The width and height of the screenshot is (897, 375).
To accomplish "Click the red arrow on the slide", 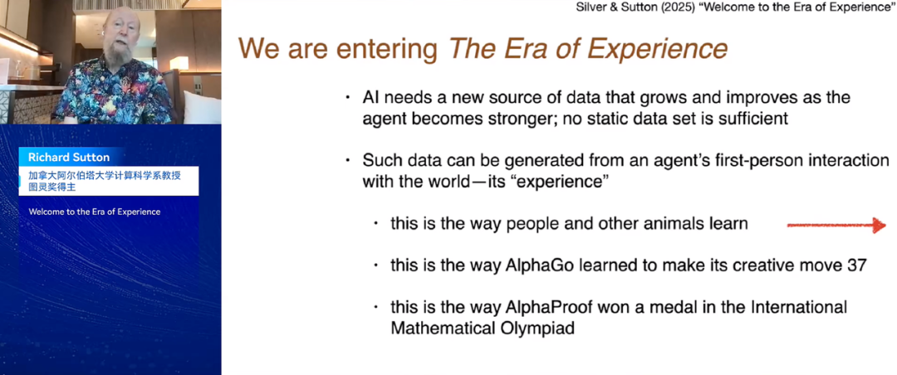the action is [x=836, y=225].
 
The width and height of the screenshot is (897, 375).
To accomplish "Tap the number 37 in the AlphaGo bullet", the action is [x=856, y=265].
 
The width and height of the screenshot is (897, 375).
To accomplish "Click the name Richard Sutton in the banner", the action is [x=69, y=157].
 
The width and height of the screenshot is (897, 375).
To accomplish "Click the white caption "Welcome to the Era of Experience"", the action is [x=95, y=212].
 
